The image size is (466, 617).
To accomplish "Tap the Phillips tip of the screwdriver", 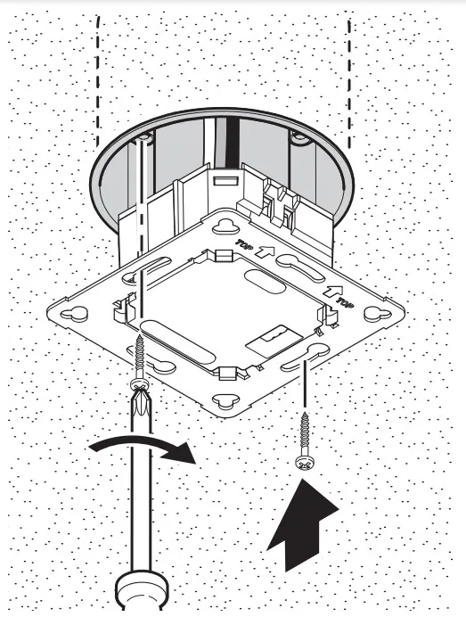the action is tap(141, 400).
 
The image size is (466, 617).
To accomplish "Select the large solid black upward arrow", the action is tap(301, 524).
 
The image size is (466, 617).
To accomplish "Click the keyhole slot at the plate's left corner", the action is tap(74, 313).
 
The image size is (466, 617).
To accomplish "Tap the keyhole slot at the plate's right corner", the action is tap(378, 314).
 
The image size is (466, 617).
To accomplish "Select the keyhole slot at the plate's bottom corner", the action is tap(225, 400).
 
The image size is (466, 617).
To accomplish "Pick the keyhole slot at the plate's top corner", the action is tap(225, 227).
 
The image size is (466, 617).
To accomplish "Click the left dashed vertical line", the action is tap(97, 81).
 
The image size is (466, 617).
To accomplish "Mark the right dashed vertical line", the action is tap(348, 84).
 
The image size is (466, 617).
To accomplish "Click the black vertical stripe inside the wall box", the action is tap(233, 144).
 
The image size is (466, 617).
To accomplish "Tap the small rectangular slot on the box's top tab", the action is tap(225, 181).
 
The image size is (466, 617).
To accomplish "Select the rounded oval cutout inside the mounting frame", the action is tap(265, 281).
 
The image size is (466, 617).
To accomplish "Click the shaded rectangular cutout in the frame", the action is tap(274, 336).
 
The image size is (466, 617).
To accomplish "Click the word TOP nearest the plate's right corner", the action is tap(344, 302).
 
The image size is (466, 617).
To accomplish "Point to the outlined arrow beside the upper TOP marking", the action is tap(265, 251).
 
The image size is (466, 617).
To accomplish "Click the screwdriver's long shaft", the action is tap(141, 492).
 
